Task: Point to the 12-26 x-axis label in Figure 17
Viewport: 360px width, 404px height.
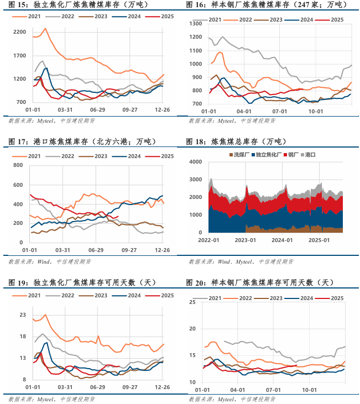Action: pos(161,250)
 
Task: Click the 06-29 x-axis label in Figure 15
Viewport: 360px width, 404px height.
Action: pos(97,109)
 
